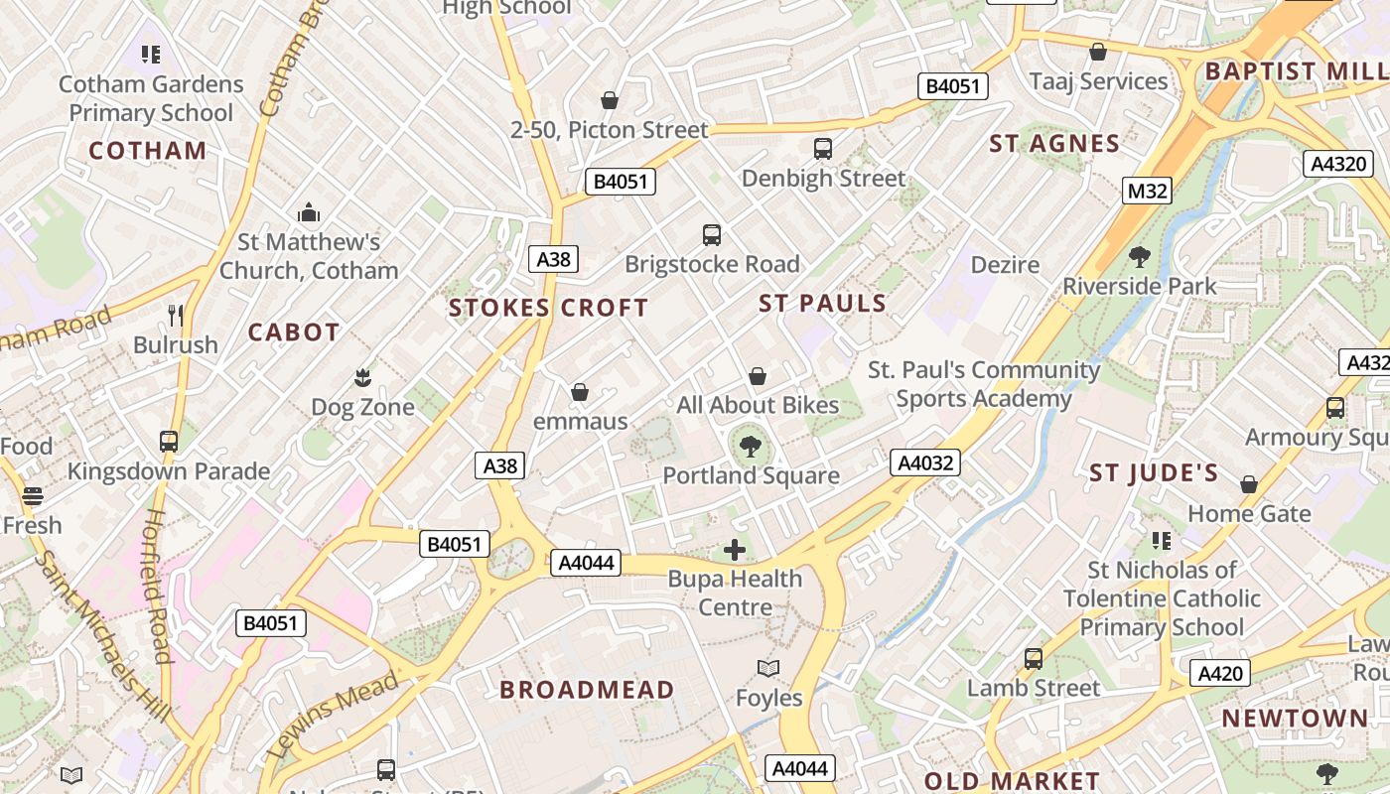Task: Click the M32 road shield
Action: tap(1148, 190)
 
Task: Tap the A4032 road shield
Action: tap(924, 462)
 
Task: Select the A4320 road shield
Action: tap(1337, 164)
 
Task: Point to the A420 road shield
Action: tap(1220, 674)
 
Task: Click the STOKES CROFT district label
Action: tap(548, 308)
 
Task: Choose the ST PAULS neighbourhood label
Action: tap(822, 304)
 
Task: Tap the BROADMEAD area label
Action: tap(587, 690)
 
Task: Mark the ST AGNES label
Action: tap(1054, 144)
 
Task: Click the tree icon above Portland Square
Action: tap(751, 446)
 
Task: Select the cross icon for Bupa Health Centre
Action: tap(735, 550)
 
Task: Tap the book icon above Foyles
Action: tap(768, 668)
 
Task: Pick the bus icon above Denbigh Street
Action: tap(822, 149)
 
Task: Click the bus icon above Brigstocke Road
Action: tap(711, 235)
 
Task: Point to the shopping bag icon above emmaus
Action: tap(580, 392)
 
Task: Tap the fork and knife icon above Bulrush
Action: tap(176, 316)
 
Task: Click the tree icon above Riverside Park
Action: tap(1139, 257)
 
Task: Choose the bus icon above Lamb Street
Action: tap(1033, 659)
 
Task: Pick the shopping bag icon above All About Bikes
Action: tap(758, 376)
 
